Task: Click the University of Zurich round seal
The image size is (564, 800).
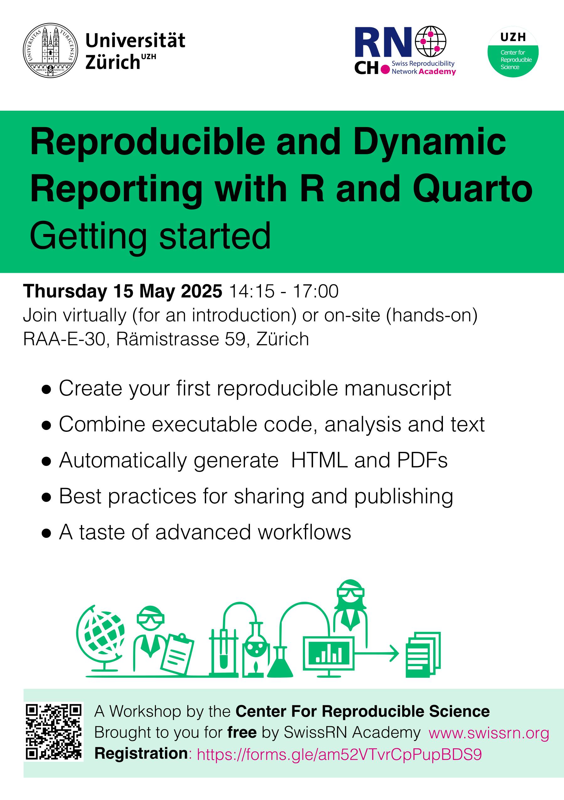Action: point(51,50)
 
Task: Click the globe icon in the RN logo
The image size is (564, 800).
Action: point(431,41)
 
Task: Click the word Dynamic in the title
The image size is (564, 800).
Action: point(429,142)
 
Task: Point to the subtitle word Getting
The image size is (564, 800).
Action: point(88,236)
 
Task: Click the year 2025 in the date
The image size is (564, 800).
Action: point(201,291)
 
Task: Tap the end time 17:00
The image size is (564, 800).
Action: point(316,291)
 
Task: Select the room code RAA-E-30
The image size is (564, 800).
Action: point(64,339)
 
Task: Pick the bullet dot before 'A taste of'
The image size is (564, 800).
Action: point(46,533)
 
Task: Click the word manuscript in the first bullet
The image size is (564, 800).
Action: point(398,389)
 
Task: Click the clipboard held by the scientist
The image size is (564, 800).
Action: point(178,654)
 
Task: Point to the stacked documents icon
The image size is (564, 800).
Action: point(423,655)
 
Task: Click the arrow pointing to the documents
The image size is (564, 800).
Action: point(377,653)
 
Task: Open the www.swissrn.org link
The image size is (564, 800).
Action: point(489,733)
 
